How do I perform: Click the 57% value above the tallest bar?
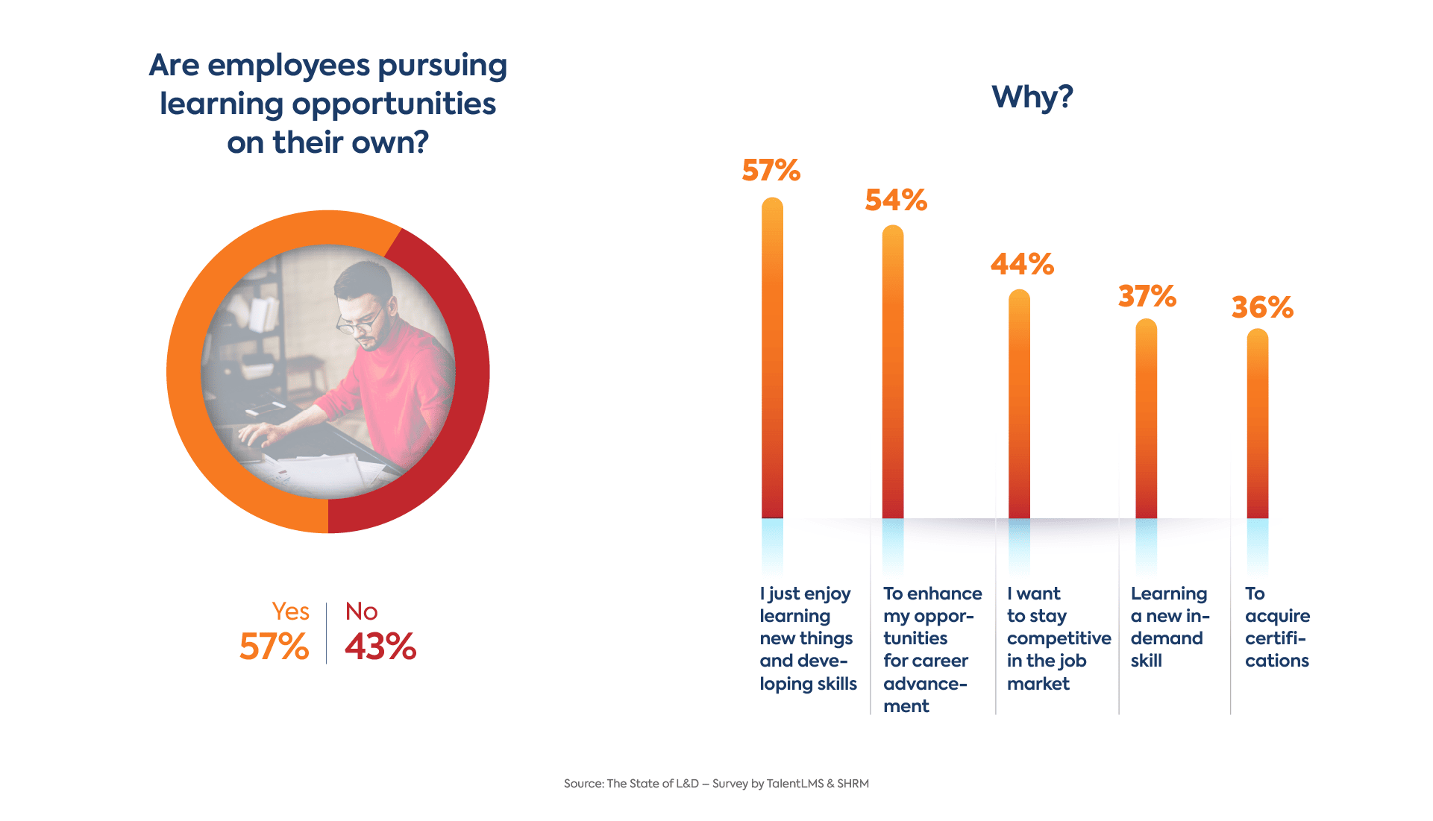pyautogui.click(x=771, y=171)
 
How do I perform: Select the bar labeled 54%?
pyautogui.click(x=892, y=373)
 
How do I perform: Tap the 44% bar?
pyautogui.click(x=1019, y=403)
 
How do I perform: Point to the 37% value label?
pyautogui.click(x=1147, y=297)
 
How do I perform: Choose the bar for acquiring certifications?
pyautogui.click(x=1257, y=425)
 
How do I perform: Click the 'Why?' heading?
pyautogui.click(x=1032, y=97)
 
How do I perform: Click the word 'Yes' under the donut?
pyautogui.click(x=290, y=611)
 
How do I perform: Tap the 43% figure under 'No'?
pyautogui.click(x=380, y=647)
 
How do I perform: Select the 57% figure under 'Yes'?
pyautogui.click(x=274, y=647)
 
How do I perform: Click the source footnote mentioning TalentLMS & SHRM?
pyautogui.click(x=716, y=784)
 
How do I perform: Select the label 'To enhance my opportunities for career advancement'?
pyautogui.click(x=932, y=649)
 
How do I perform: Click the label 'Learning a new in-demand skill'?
pyautogui.click(x=1169, y=627)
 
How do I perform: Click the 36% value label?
pyautogui.click(x=1261, y=307)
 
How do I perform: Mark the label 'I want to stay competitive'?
pyautogui.click(x=1058, y=638)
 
